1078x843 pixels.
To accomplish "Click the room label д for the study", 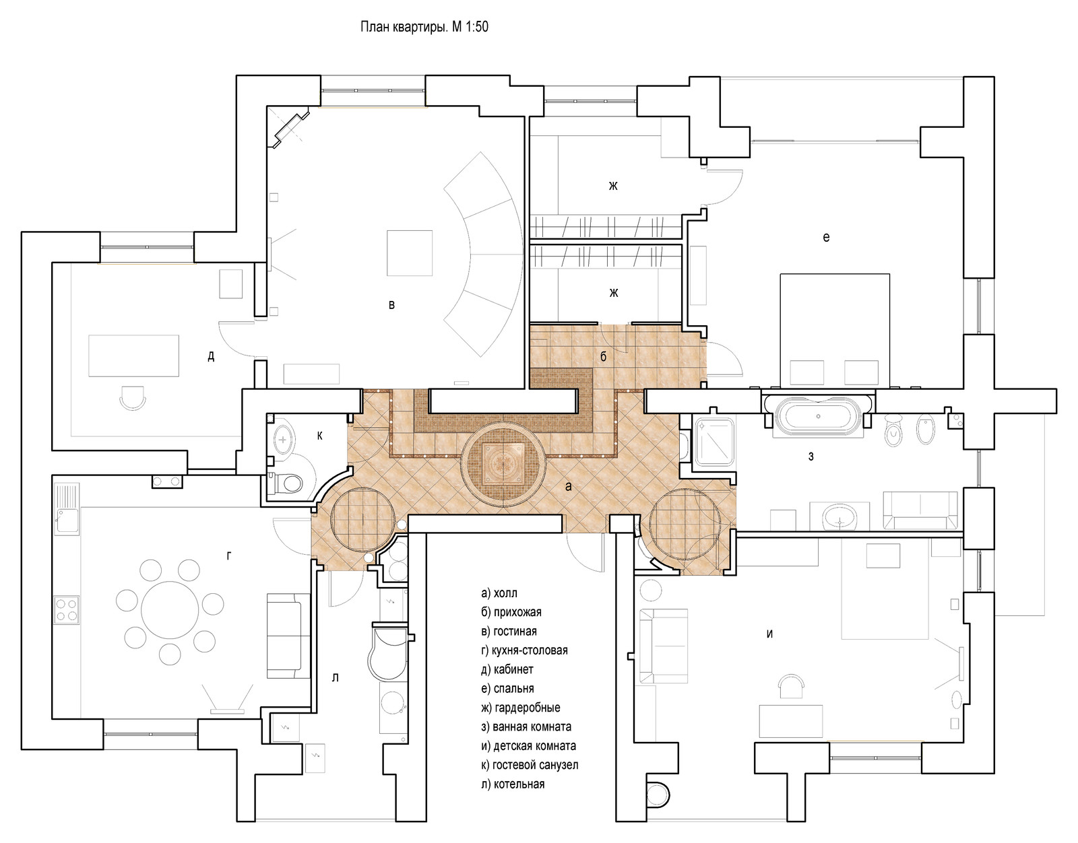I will [211, 357].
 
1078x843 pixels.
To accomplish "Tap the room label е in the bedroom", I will [826, 237].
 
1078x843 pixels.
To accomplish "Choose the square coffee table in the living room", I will [410, 252].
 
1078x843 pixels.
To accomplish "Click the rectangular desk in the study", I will [134, 356].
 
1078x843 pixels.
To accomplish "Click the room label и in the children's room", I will [769, 634].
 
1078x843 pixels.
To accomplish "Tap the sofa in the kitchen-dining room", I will [284, 636].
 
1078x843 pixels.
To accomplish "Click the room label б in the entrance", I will [603, 357].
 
